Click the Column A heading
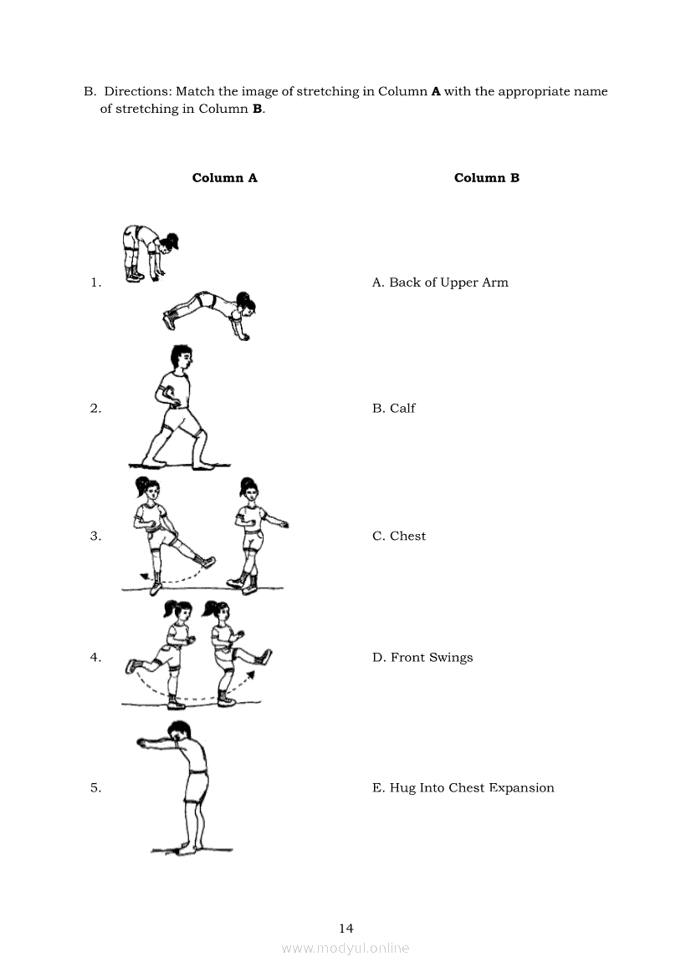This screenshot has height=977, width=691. click(x=224, y=177)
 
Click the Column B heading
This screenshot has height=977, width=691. click(x=486, y=177)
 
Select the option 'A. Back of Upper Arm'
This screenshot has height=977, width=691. click(x=440, y=282)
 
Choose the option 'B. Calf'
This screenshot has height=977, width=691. click(x=393, y=408)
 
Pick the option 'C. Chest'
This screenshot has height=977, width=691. click(x=399, y=536)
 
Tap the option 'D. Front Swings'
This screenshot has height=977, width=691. click(x=422, y=658)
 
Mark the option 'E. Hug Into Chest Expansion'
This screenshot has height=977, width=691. click(x=463, y=788)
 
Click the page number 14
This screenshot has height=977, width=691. click(x=346, y=929)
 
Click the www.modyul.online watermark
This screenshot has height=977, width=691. click(x=345, y=949)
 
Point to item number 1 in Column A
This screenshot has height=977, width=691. click(x=95, y=282)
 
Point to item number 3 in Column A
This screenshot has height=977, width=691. click(x=95, y=536)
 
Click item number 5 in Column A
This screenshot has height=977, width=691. click(x=95, y=788)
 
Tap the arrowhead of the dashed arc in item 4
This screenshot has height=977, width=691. click(x=251, y=674)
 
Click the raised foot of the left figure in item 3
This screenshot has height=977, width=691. click(x=209, y=562)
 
